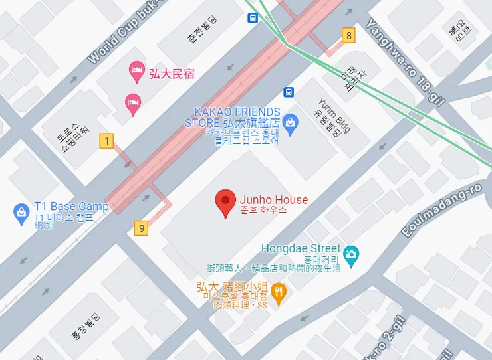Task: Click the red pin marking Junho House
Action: [x=225, y=202]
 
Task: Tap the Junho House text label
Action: [x=273, y=200]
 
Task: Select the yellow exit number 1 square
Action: [x=106, y=140]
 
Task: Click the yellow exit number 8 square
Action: [x=348, y=35]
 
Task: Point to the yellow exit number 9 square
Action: [x=141, y=228]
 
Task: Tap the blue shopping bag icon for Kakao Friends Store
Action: [x=289, y=122]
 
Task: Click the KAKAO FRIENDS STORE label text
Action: [x=233, y=117]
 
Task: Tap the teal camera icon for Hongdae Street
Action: [x=351, y=253]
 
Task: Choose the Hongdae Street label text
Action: [x=301, y=248]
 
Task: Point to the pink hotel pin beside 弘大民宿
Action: [x=137, y=71]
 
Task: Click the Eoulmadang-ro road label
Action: [x=442, y=210]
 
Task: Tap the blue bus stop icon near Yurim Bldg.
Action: [x=289, y=92]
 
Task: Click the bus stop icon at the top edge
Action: [x=253, y=18]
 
